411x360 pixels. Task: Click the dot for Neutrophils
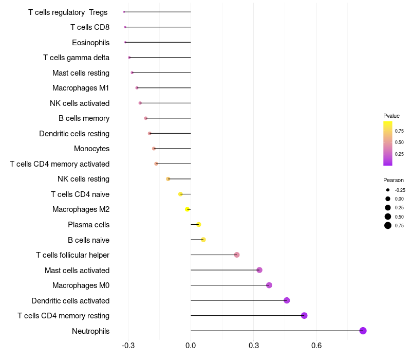click(363, 331)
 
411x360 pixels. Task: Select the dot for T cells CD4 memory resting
click(304, 316)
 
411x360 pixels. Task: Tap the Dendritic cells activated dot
click(287, 300)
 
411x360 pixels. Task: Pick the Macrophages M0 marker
click(269, 285)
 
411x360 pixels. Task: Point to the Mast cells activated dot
click(259, 270)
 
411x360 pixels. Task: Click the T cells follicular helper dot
click(237, 255)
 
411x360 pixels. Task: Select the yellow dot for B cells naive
click(203, 240)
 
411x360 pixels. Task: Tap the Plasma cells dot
click(199, 224)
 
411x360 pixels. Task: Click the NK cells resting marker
click(168, 179)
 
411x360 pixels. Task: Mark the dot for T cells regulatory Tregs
click(124, 12)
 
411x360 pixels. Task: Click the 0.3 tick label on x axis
click(253, 346)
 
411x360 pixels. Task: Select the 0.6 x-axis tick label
click(316, 346)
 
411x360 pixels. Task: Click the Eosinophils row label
click(90, 42)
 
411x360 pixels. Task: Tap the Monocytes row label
click(91, 149)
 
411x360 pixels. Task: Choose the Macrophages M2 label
click(81, 209)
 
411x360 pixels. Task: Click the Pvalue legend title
click(391, 116)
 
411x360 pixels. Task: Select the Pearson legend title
click(394, 180)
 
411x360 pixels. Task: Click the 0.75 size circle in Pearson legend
click(388, 225)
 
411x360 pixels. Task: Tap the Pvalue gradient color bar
click(388, 143)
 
